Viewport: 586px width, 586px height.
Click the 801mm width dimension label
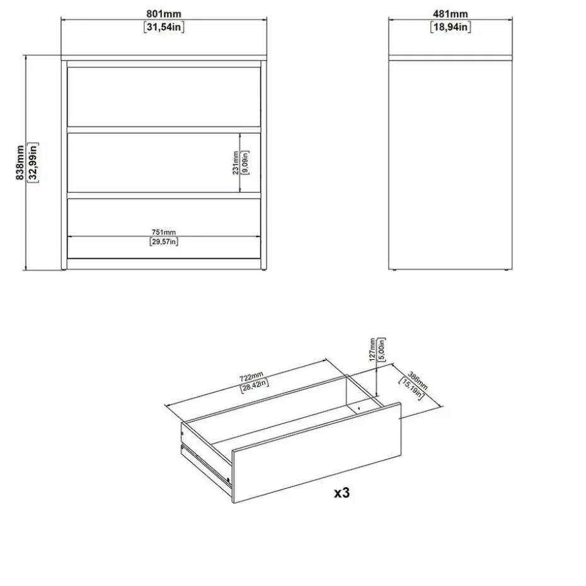[x=164, y=14]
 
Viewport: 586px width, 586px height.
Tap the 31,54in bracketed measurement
[x=164, y=27]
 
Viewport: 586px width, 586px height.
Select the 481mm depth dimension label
[x=451, y=14]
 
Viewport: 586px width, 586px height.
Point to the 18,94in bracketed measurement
[x=451, y=27]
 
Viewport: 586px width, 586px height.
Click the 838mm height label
[x=20, y=163]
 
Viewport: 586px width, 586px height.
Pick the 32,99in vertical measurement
[x=33, y=163]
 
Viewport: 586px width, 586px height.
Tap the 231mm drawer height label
[x=236, y=163]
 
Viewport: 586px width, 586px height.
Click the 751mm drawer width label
[x=164, y=232]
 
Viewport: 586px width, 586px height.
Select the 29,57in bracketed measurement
[x=164, y=241]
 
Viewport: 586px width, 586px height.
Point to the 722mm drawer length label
[x=251, y=377]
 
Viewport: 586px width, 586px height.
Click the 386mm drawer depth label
[x=418, y=381]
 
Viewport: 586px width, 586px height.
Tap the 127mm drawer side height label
[x=372, y=350]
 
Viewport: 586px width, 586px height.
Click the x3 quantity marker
[x=342, y=493]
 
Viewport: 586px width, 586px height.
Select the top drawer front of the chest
[x=164, y=97]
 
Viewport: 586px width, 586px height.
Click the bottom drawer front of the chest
[x=164, y=228]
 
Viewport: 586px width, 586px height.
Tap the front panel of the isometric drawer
[x=316, y=453]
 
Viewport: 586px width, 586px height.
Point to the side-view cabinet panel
[x=451, y=165]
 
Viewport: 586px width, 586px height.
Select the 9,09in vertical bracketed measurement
[x=245, y=163]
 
